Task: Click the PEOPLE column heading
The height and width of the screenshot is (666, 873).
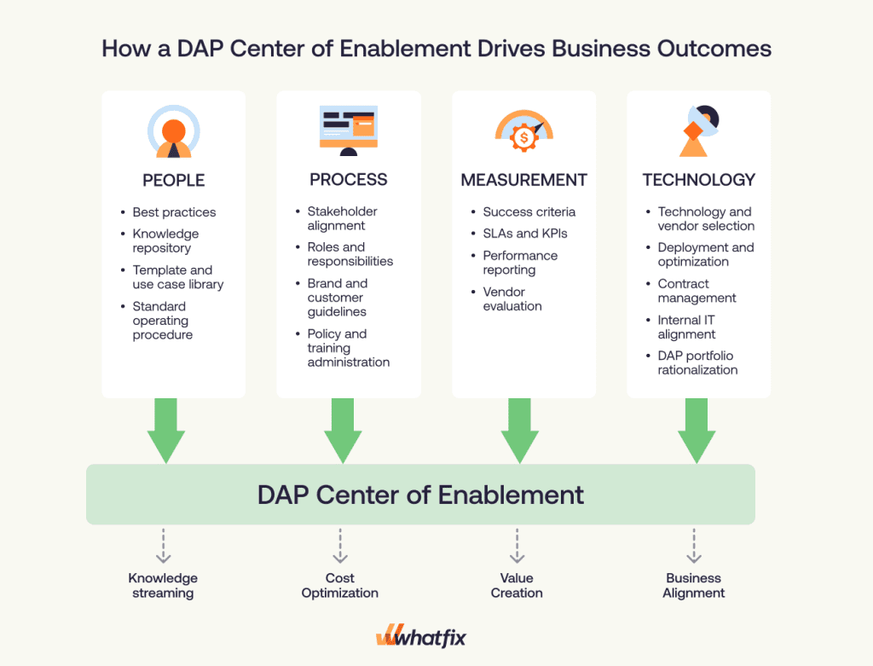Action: click(x=173, y=180)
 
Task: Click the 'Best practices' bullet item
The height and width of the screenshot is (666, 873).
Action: click(x=174, y=212)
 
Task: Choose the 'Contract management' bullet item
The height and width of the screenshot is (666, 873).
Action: click(x=697, y=291)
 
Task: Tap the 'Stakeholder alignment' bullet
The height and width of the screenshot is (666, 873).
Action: click(x=342, y=218)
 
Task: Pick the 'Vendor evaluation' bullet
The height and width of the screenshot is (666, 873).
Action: click(x=512, y=298)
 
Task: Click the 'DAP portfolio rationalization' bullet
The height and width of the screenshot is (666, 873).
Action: click(x=697, y=362)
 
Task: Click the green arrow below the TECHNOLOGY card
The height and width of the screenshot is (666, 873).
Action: click(x=697, y=431)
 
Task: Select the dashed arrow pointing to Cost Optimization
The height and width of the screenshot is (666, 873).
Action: click(x=340, y=546)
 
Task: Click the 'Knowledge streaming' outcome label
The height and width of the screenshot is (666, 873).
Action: click(x=163, y=585)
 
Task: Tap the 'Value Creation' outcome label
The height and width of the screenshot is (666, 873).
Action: click(x=517, y=585)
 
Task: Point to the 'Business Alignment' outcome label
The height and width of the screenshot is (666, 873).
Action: click(x=694, y=585)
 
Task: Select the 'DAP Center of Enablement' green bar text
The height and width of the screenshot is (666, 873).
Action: click(x=420, y=495)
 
